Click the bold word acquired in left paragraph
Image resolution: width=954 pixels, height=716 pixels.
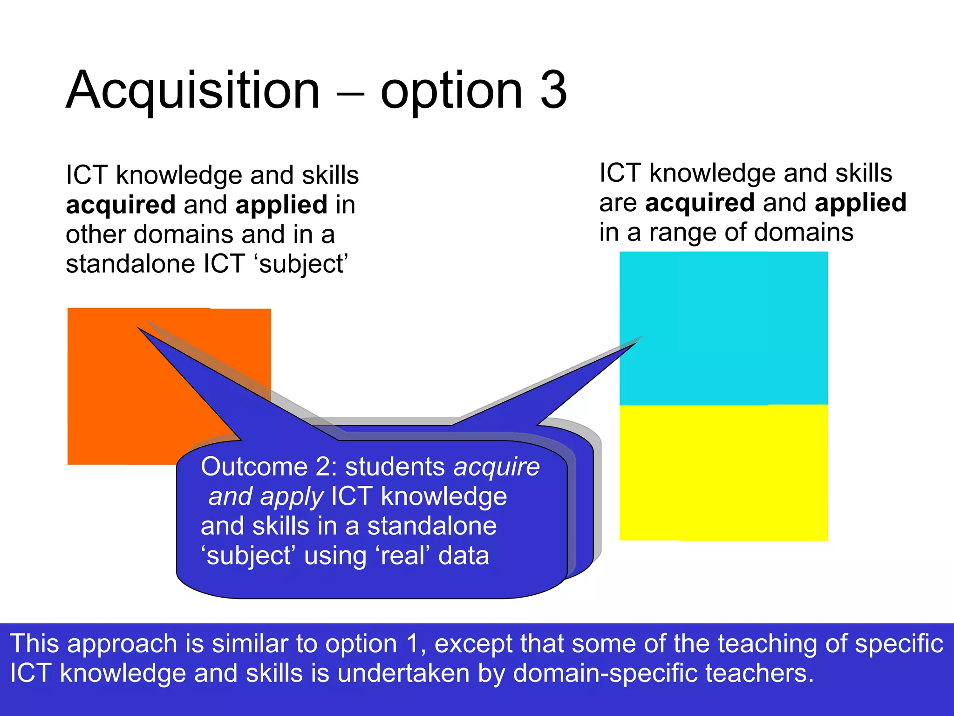[121, 205]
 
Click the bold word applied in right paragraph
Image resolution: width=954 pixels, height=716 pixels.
[860, 203]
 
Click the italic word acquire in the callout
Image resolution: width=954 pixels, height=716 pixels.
[497, 467]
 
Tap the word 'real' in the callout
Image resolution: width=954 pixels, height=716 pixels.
[403, 556]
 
